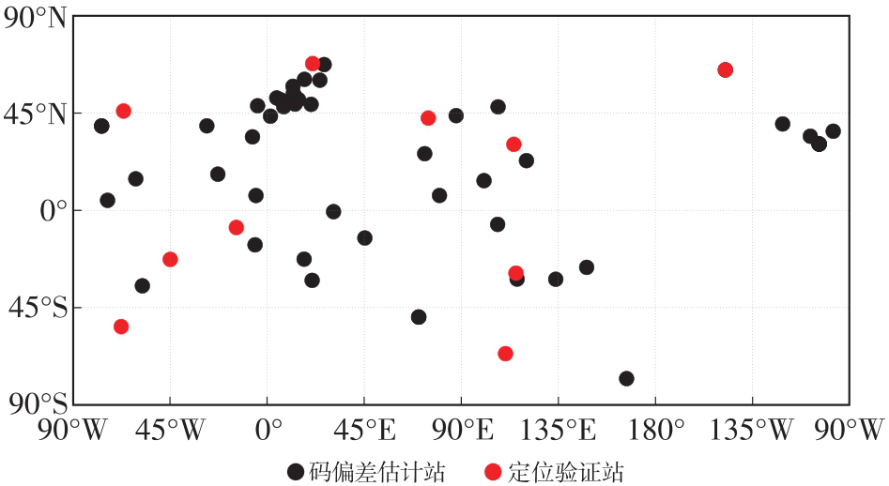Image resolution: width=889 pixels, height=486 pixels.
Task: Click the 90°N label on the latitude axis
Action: pyautogui.click(x=35, y=19)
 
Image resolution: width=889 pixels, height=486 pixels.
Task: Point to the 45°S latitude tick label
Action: pyautogui.click(x=38, y=308)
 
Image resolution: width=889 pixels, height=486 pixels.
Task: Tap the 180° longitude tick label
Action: pyautogui.click(x=656, y=430)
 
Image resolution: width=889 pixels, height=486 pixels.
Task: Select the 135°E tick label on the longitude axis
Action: pyautogui.click(x=559, y=430)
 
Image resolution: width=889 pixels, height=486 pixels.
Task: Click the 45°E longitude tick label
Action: pyautogui.click(x=364, y=430)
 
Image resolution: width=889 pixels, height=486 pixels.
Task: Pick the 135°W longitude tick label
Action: pyautogui.click(x=751, y=430)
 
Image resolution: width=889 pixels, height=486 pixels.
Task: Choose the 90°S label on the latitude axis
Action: pyautogui.click(x=38, y=403)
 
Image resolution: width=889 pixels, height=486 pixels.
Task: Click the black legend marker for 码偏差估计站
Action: pyautogui.click(x=296, y=471)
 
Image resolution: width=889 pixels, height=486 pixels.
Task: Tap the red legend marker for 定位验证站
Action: pyautogui.click(x=494, y=471)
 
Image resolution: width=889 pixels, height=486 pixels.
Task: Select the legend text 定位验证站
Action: pyautogui.click(x=565, y=472)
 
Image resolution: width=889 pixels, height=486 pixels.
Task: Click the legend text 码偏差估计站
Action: pyautogui.click(x=377, y=472)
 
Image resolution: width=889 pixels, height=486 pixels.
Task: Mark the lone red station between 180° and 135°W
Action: pyautogui.click(x=725, y=70)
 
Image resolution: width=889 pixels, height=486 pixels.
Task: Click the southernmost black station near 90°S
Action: pyautogui.click(x=626, y=378)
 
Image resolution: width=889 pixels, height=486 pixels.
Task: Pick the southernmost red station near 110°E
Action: pyautogui.click(x=505, y=354)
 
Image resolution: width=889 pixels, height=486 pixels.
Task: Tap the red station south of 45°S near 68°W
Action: pyautogui.click(x=121, y=327)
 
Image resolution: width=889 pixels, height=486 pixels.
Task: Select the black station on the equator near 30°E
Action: pyautogui.click(x=333, y=212)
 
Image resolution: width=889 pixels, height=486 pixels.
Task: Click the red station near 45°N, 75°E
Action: pyautogui.click(x=428, y=118)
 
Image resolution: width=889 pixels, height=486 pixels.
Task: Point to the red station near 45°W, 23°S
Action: pyautogui.click(x=170, y=260)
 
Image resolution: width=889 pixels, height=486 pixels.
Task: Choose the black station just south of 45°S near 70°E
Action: pyautogui.click(x=419, y=317)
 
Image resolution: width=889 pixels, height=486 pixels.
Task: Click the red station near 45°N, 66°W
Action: pyautogui.click(x=124, y=111)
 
